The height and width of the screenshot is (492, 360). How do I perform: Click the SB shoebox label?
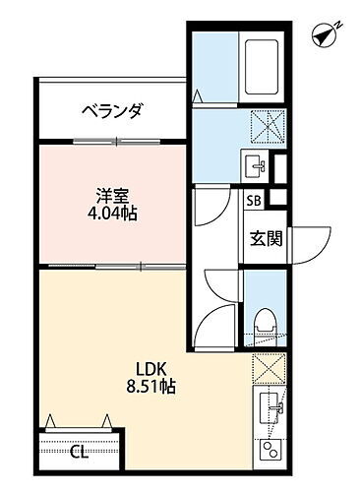[253, 201]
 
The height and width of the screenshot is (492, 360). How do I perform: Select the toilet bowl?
[263, 320]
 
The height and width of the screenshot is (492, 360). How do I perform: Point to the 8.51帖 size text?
[150, 389]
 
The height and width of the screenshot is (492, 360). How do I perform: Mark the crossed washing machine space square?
[265, 127]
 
